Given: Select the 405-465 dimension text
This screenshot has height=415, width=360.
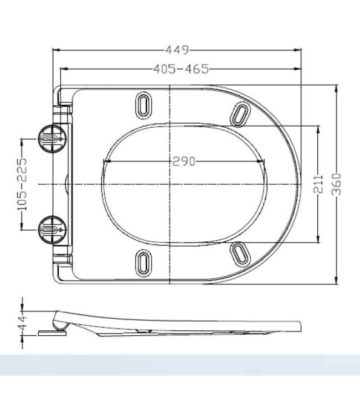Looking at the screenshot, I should [x=181, y=69].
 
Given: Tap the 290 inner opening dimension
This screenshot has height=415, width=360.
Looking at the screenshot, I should [x=183, y=162].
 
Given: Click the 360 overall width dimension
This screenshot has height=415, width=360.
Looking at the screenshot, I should [x=337, y=184].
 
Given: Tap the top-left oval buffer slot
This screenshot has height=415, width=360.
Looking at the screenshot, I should [x=143, y=105].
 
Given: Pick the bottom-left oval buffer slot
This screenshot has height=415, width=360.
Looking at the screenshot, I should [x=143, y=261].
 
